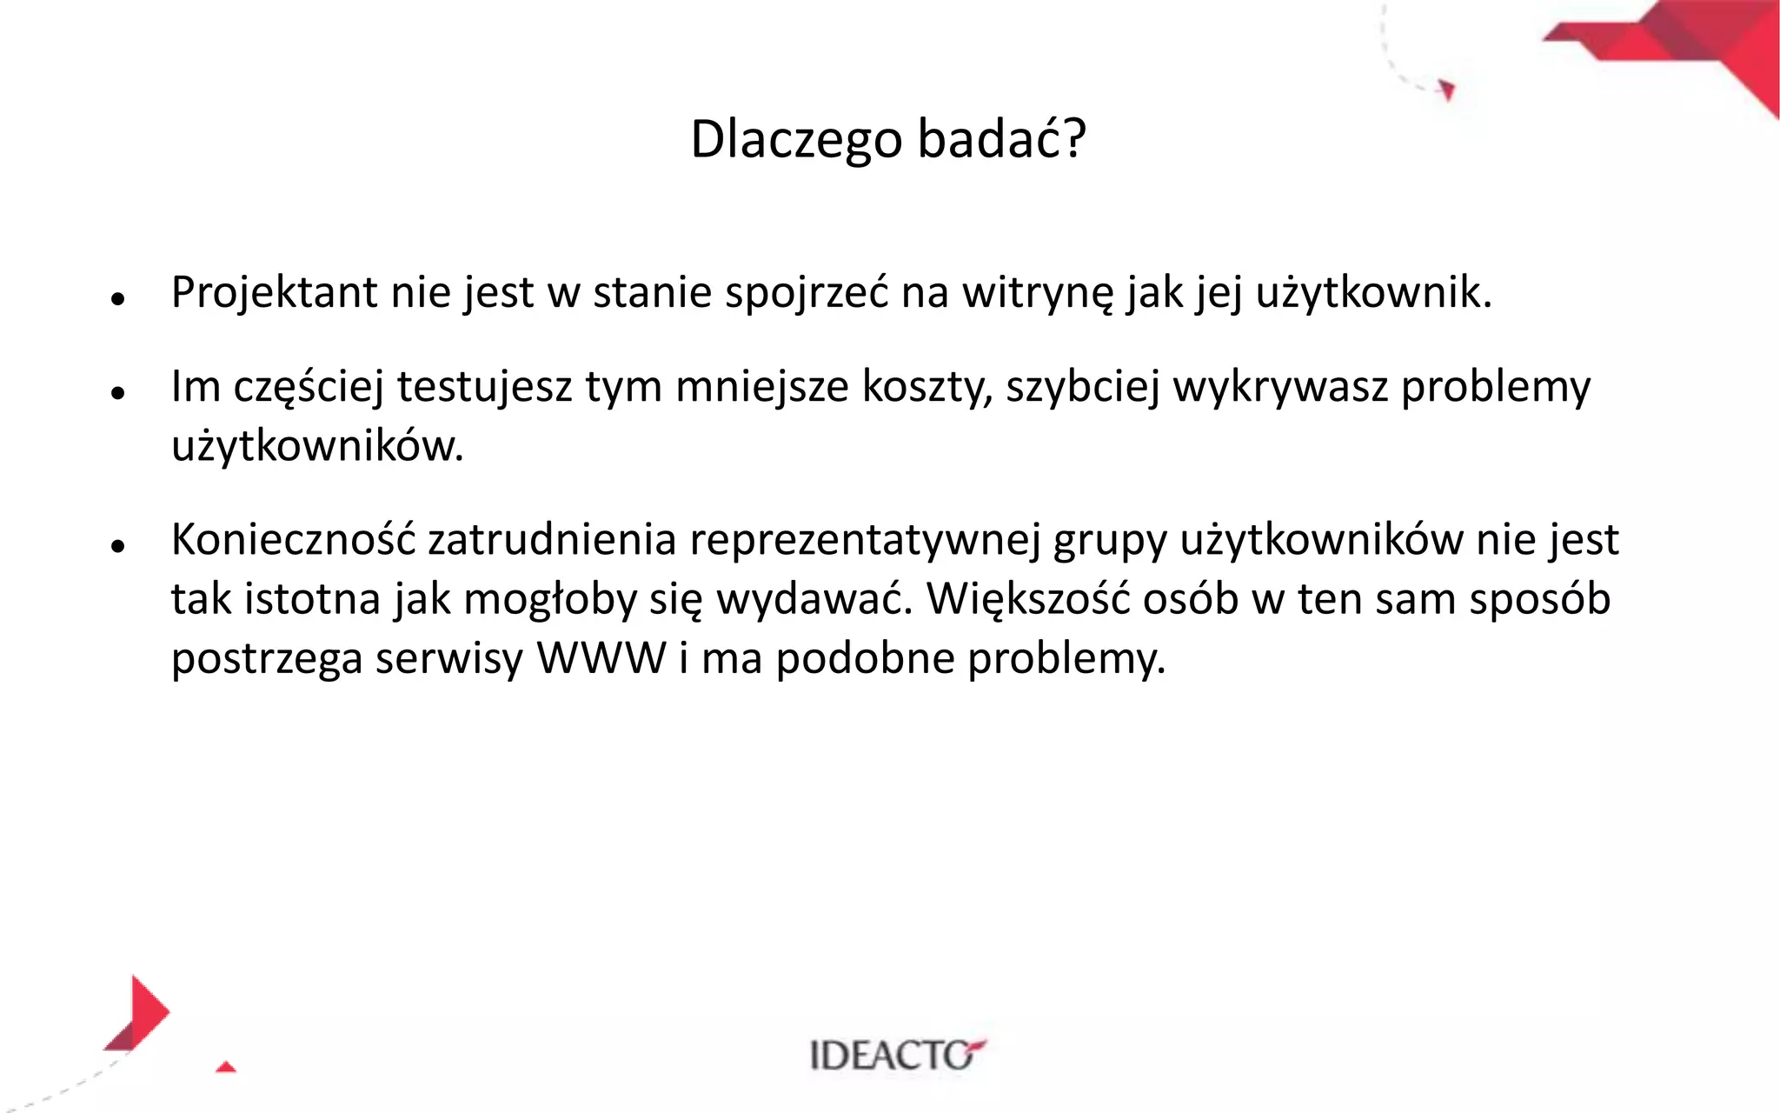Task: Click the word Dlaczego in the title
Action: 796,139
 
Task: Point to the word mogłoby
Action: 550,599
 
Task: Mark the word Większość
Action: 1028,599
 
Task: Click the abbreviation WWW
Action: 601,658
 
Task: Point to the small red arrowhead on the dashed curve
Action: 1446,90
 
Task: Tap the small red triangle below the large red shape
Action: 226,1067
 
